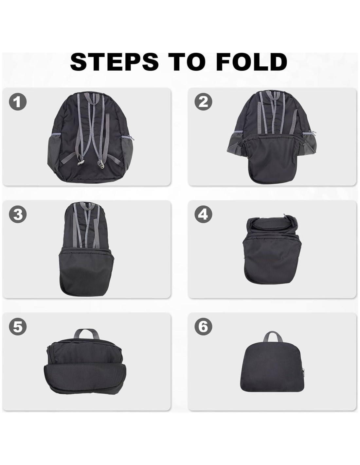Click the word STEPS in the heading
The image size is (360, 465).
click(115, 62)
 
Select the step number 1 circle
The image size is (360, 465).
click(18, 102)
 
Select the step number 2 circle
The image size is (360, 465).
click(203, 102)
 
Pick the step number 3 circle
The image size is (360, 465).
click(18, 214)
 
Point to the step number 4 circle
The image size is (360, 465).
click(203, 214)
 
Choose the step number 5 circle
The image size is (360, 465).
click(18, 327)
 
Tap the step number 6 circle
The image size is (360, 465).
click(203, 327)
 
